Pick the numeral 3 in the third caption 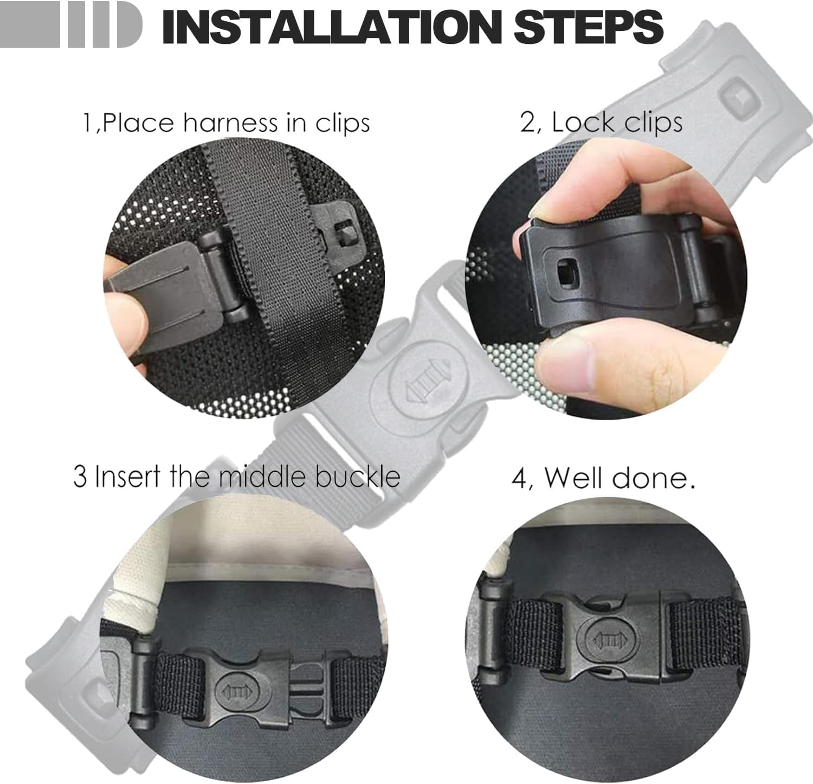pos(80,477)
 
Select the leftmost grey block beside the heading pos(30,24)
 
